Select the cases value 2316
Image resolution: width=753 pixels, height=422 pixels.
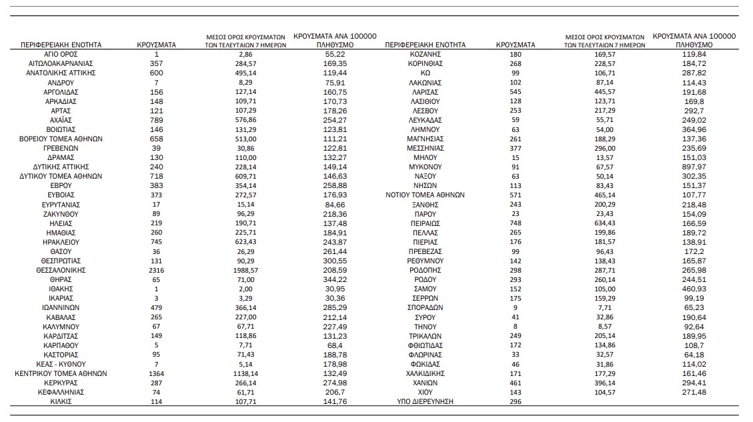(157, 270)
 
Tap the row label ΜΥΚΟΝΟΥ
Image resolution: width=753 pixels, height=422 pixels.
(426, 167)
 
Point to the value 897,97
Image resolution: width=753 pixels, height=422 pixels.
(695, 167)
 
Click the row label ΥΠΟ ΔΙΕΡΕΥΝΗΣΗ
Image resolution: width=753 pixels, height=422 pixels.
(426, 402)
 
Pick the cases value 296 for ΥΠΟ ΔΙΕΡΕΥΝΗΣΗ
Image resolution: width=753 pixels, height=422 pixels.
(516, 402)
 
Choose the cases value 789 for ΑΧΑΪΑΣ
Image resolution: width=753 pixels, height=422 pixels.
(157, 119)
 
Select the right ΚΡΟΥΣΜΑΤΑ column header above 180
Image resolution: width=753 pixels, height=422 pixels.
(516, 45)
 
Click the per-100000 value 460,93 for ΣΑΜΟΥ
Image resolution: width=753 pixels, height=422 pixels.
(695, 289)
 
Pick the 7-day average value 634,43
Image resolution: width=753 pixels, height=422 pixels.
(606, 223)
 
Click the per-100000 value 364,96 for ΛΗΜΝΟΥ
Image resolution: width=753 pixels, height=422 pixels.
(695, 129)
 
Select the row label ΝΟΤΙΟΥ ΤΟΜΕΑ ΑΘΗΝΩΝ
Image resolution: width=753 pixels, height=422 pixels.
(426, 195)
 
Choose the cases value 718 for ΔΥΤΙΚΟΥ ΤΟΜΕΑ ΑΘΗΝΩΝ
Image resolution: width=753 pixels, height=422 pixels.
(157, 176)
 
